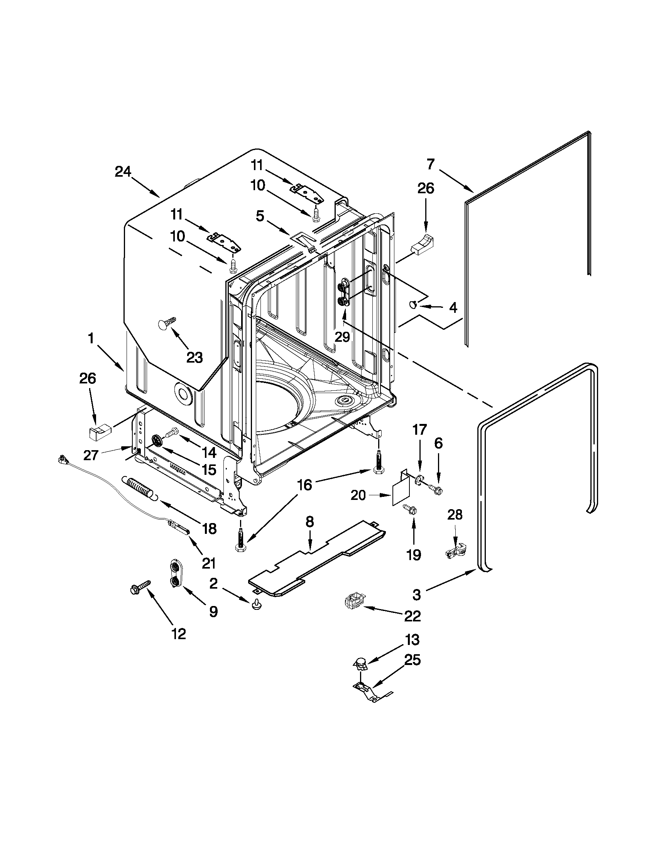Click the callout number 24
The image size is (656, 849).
tap(123, 171)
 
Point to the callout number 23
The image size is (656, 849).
tap(194, 357)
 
